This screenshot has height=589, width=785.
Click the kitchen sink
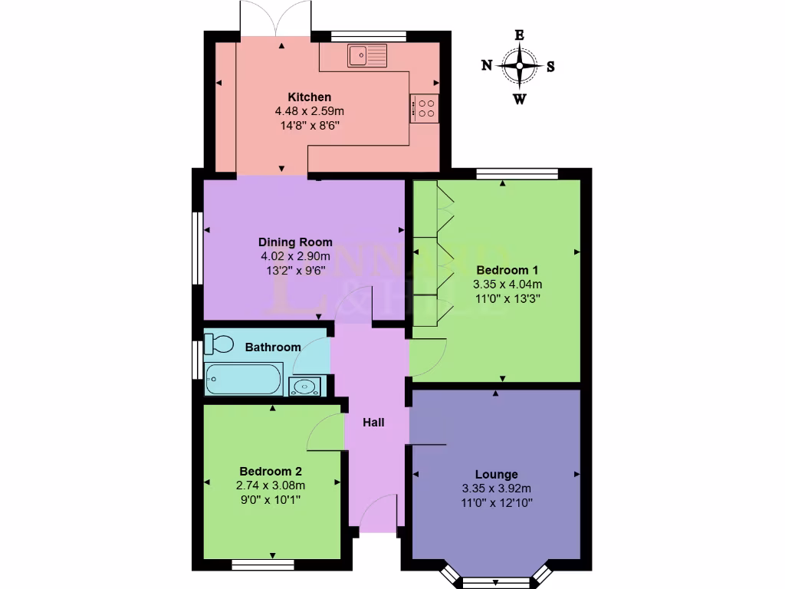[x=368, y=54]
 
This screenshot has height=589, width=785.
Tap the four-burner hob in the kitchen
[x=425, y=108]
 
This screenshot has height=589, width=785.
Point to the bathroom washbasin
[x=306, y=386]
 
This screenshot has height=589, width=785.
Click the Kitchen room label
[x=310, y=97]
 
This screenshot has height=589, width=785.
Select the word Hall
[x=373, y=423]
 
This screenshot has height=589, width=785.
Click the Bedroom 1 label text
[x=502, y=270]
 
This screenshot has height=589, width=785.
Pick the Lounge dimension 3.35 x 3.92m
[x=497, y=489]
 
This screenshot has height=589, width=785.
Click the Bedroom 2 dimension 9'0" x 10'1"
[x=272, y=499]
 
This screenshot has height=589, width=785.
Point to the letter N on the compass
[x=486, y=66]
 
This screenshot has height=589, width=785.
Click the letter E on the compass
[x=519, y=35]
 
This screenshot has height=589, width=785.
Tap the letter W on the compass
[x=519, y=98]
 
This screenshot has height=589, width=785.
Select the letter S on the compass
[x=551, y=66]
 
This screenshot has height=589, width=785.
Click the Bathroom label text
[x=273, y=347]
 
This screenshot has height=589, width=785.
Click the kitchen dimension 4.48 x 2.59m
[x=310, y=111]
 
